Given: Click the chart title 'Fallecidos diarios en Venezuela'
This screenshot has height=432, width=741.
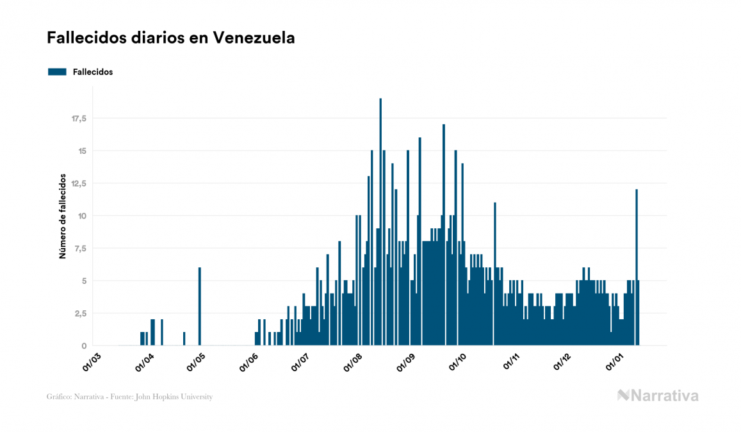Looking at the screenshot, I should [171, 38].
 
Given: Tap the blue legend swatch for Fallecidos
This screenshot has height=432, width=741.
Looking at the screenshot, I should [58, 72].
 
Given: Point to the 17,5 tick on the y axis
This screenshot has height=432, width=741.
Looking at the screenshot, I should [79, 119].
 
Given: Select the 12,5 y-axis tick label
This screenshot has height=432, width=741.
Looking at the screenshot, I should [79, 183].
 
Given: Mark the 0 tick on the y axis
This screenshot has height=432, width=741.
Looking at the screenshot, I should [84, 346].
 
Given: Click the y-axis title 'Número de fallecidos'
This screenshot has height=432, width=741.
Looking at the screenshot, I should [63, 215].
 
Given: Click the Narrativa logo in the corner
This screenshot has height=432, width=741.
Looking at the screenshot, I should [658, 395].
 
